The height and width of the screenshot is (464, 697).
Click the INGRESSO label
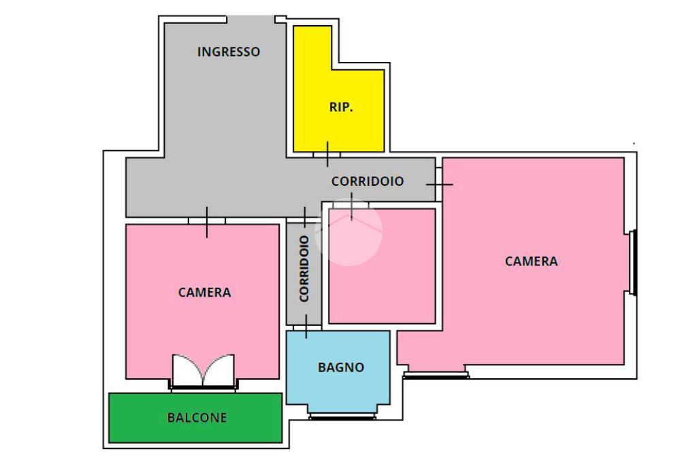tap(229, 52)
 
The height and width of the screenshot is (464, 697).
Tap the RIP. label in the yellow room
tap(341, 107)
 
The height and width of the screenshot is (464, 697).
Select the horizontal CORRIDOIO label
tap(368, 182)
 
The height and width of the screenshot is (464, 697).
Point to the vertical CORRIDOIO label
tap(304, 269)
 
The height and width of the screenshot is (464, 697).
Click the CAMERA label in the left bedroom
tap(204, 293)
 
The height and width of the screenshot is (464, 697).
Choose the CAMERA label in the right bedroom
tap(531, 261)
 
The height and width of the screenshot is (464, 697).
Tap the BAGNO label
tap(341, 367)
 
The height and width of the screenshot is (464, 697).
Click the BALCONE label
tap(197, 418)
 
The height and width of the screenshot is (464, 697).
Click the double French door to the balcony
tap(203, 371)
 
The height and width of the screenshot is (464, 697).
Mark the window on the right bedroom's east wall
tap(634, 263)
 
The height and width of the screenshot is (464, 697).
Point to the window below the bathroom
tap(342, 416)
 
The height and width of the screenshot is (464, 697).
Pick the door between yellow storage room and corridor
tap(327, 154)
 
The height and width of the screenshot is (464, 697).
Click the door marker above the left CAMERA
tap(207, 221)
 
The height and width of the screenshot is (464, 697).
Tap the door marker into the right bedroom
tap(439, 184)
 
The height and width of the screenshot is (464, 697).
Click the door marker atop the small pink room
tap(351, 205)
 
